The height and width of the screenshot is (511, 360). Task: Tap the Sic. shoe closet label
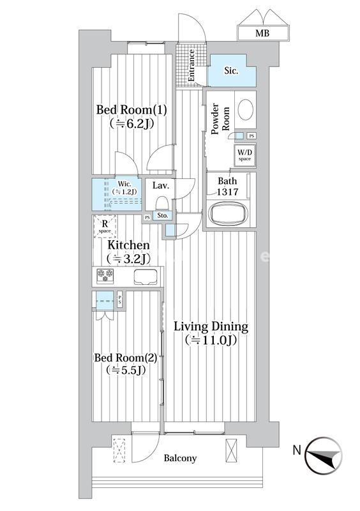click(231, 72)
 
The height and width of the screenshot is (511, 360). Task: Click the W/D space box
click(244, 155)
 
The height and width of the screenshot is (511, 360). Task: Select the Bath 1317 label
click(227, 187)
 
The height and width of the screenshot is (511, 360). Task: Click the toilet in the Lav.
click(161, 202)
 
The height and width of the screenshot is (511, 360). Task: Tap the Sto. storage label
click(162, 217)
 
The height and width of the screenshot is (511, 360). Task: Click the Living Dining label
click(211, 333)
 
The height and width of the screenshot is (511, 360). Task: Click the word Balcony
click(180, 458)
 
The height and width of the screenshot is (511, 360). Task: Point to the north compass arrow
click(326, 455)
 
